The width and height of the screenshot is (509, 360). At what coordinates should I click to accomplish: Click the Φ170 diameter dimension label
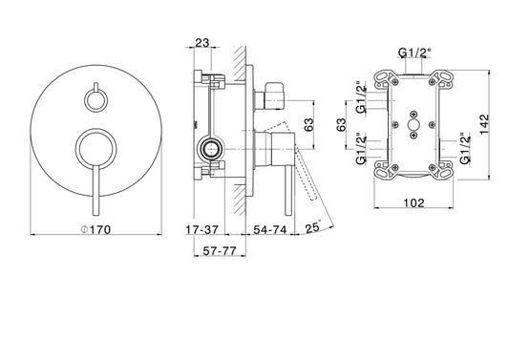(x=95, y=229)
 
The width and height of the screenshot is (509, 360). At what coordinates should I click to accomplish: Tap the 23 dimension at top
(x=201, y=43)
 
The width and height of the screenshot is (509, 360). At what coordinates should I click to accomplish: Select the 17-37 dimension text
(x=201, y=230)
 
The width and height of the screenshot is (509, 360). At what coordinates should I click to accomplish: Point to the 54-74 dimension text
(x=269, y=230)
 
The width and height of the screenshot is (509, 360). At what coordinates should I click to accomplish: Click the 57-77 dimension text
(x=220, y=250)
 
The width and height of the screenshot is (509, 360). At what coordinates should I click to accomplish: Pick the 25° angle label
(x=312, y=227)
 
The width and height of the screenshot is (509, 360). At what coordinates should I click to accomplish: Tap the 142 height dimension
(x=484, y=124)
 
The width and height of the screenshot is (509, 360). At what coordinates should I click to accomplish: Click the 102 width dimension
(x=414, y=202)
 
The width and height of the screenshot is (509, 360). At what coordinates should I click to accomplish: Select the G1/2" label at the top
(x=414, y=53)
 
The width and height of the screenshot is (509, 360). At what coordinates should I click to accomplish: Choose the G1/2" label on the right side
(x=465, y=148)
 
